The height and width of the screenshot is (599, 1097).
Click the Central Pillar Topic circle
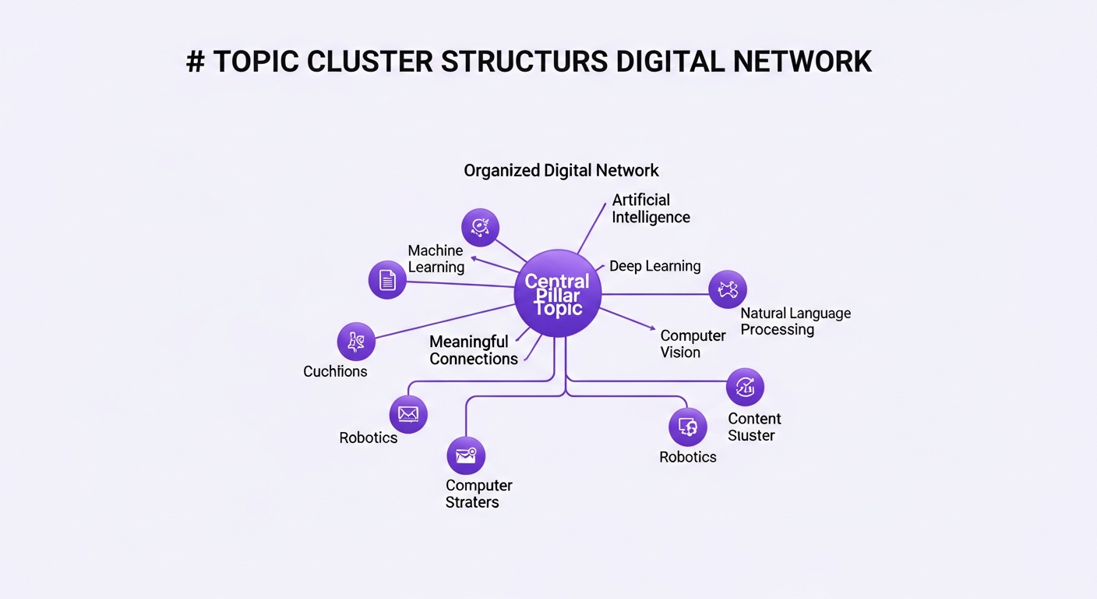pyautogui.click(x=558, y=293)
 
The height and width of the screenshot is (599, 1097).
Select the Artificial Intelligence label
pyautogui.click(x=651, y=208)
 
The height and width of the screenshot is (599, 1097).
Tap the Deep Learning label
pyautogui.click(x=654, y=266)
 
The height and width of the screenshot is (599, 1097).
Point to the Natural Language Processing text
pyautogui.click(x=795, y=321)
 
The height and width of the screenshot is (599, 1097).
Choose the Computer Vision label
pyautogui.click(x=693, y=344)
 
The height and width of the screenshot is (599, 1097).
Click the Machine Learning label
pyautogui.click(x=436, y=259)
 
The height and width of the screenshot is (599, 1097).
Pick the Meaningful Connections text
pyautogui.click(x=473, y=350)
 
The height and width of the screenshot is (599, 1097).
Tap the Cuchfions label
pyautogui.click(x=335, y=371)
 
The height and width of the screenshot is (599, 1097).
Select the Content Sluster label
pyautogui.click(x=753, y=427)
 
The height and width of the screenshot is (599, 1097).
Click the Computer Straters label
pyautogui.click(x=478, y=494)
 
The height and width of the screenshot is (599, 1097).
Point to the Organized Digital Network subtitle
pyautogui.click(x=561, y=170)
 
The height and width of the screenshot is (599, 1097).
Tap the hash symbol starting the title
pyautogui.click(x=195, y=62)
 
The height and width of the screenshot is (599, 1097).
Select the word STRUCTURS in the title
pyautogui.click(x=524, y=62)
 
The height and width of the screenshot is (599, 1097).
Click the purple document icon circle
pyautogui.click(x=387, y=280)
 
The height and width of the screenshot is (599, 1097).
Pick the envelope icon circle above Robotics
pyautogui.click(x=408, y=414)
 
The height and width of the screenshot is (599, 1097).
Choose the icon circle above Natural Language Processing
pyautogui.click(x=728, y=290)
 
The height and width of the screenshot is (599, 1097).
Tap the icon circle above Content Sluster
pyautogui.click(x=745, y=387)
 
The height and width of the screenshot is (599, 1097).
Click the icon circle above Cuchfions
pyautogui.click(x=356, y=342)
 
